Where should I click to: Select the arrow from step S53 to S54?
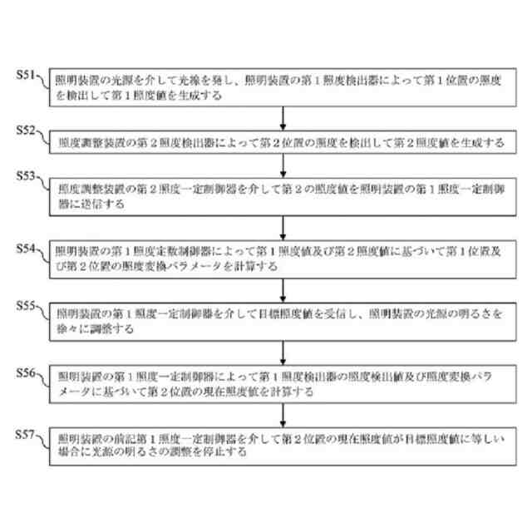285,225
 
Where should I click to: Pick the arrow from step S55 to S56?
285,349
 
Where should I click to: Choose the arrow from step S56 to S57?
285,411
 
